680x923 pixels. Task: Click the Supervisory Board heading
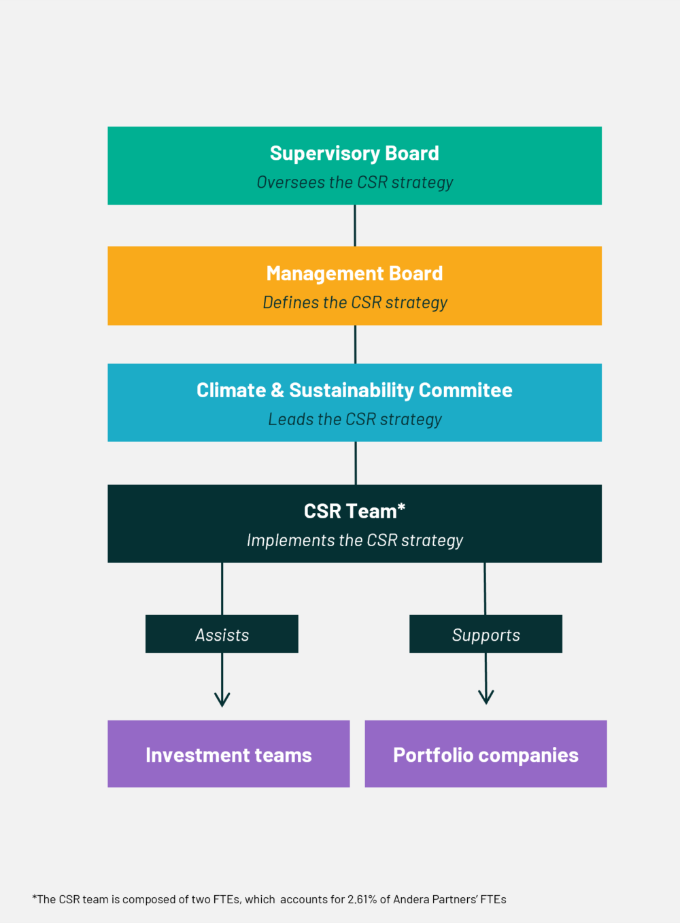click(x=354, y=154)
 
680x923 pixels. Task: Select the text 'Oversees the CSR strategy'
click(x=355, y=182)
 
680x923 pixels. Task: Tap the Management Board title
click(x=354, y=273)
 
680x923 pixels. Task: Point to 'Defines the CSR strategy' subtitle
click(x=355, y=303)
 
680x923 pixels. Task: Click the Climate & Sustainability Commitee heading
click(x=354, y=390)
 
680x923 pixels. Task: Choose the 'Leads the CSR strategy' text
click(x=355, y=419)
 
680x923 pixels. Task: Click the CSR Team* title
click(x=354, y=511)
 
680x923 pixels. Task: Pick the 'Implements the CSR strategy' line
click(x=355, y=540)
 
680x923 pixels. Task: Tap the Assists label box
click(x=222, y=634)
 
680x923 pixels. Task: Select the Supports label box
click(x=486, y=634)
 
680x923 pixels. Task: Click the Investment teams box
click(x=228, y=754)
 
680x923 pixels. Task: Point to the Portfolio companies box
click(x=486, y=754)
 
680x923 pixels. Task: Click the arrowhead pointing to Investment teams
click(x=222, y=705)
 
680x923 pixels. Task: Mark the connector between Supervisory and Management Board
click(x=355, y=225)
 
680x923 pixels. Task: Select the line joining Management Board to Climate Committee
click(x=355, y=344)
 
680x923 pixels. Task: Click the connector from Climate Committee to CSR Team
click(x=356, y=463)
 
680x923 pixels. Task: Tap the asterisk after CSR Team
click(x=401, y=507)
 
